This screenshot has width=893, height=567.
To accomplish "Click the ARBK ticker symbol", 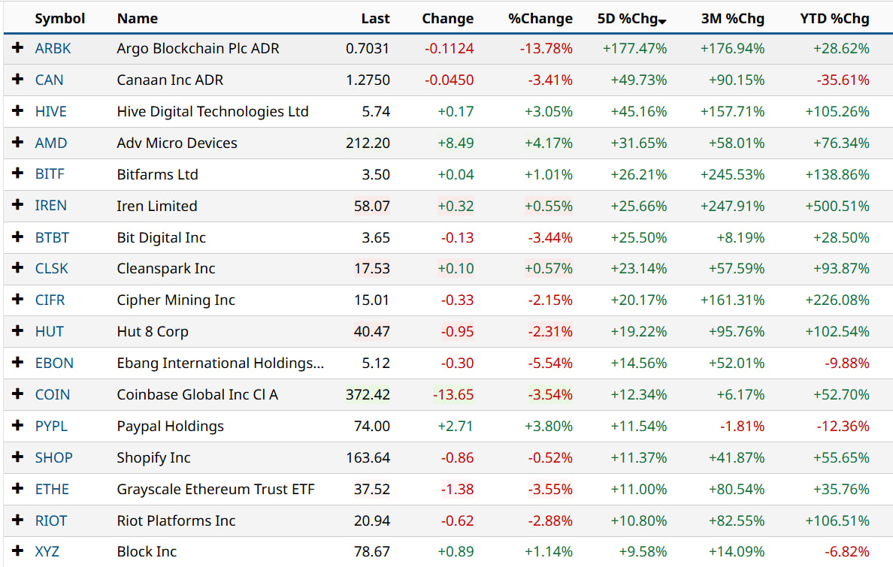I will coord(53,49).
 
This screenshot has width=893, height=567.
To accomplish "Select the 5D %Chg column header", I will coord(627,19).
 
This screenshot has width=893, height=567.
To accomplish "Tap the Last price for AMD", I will coord(368,143).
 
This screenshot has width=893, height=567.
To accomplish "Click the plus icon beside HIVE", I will coord(18,111).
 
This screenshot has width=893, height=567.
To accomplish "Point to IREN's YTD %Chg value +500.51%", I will coord(837,206).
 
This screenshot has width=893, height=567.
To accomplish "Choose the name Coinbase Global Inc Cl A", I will coord(198,394).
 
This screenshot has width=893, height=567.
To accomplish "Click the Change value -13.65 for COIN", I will coord(453,394).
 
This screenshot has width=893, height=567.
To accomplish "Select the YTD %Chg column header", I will coord(834,19).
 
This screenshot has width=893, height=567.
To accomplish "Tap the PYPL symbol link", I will coord(51,426).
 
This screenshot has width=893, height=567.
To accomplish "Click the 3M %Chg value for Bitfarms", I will coord(732,174).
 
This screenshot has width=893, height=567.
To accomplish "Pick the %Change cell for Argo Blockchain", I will coord(546,49).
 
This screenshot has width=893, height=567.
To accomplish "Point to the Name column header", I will coord(138,19).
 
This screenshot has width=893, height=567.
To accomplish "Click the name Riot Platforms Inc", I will coord(176,520).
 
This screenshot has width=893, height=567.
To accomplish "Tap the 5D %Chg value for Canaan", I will coord(635,80).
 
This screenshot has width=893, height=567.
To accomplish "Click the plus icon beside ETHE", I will coord(18,489).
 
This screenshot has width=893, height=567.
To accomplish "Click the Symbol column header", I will coord(60,19).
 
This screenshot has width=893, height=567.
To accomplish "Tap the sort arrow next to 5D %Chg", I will coord(662,21).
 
